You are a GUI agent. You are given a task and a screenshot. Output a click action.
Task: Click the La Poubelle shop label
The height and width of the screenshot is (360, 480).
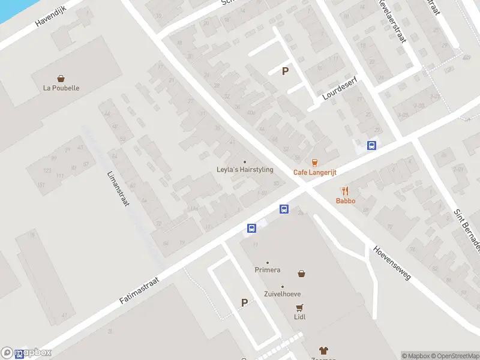61,88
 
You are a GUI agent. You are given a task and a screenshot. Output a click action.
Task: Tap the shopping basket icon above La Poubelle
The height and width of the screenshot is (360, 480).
61,78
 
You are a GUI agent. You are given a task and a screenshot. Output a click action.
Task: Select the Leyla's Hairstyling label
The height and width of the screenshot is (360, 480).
245,170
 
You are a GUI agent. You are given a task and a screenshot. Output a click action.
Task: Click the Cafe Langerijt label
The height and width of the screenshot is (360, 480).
314,172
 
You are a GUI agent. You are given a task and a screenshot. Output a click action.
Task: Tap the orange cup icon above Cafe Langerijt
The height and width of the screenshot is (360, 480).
314,162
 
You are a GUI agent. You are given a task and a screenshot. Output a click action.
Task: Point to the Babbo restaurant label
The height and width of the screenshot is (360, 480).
346,201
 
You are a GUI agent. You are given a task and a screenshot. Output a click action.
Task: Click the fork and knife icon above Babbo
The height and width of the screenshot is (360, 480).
346,191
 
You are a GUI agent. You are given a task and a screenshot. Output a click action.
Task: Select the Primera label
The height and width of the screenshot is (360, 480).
268,270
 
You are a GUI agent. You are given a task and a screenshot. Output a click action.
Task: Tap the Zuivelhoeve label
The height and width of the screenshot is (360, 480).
283,294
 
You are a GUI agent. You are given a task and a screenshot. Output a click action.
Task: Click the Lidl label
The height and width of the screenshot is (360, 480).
299,317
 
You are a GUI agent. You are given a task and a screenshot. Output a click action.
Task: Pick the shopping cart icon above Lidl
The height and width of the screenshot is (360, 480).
299,307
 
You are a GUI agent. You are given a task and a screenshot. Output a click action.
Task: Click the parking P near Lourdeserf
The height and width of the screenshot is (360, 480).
286,71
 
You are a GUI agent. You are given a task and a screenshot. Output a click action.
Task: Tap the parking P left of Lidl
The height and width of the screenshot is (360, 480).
244,303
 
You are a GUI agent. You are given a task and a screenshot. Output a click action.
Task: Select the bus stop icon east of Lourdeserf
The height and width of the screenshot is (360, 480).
372,145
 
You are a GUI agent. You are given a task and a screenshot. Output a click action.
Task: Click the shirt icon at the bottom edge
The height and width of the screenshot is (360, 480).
323,350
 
